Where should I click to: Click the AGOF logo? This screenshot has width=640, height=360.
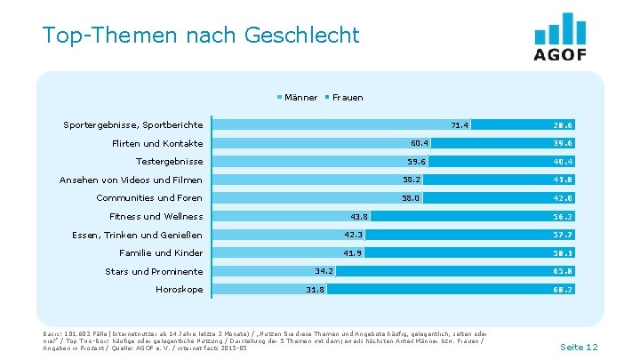click(560, 37)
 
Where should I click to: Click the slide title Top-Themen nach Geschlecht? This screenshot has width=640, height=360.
click(200, 36)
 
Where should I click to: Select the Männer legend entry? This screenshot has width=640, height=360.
click(300, 97)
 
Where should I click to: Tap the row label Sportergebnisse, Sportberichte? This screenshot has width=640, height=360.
click(133, 125)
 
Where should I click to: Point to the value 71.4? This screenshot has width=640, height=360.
click(460, 125)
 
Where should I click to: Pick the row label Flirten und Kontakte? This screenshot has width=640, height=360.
click(157, 143)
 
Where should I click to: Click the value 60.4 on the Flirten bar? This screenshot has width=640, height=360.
click(420, 143)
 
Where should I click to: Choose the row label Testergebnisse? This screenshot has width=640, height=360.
click(169, 162)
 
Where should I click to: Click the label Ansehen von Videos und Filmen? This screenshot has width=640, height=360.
click(131, 180)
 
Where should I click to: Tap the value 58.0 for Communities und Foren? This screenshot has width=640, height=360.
click(411, 198)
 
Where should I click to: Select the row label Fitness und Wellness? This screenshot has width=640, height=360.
click(156, 216)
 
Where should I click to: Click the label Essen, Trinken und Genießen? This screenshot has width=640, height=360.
click(137, 235)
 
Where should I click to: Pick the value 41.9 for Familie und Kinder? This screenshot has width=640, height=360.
click(353, 253)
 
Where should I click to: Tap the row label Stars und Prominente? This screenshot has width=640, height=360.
click(154, 271)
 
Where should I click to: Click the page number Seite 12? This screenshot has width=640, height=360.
click(579, 346)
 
